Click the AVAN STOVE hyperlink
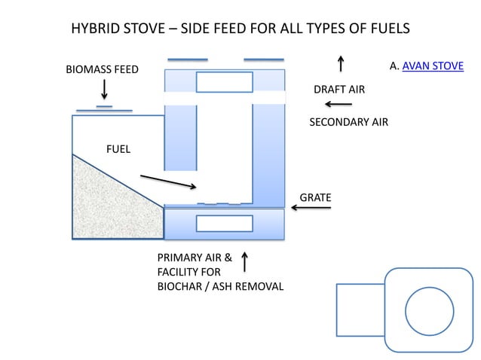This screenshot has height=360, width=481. (433, 66)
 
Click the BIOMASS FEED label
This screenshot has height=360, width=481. (103, 70)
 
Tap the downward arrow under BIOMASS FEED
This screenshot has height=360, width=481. (104, 90)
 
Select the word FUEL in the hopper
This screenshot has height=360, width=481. (118, 149)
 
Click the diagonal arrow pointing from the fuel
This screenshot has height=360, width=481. (169, 182)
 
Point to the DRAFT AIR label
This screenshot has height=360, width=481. (339, 90)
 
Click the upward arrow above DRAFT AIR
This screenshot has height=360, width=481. (341, 63)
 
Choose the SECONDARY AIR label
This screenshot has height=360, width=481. (348, 122)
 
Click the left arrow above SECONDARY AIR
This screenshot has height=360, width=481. (339, 105)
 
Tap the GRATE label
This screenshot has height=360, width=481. (315, 197)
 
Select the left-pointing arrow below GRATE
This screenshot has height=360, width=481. (311, 208)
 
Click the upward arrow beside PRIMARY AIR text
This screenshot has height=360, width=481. (244, 262)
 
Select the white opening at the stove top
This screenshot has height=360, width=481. (224, 81)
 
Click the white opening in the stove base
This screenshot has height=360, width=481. (224, 224)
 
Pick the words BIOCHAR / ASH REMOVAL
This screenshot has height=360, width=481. (220, 286)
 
